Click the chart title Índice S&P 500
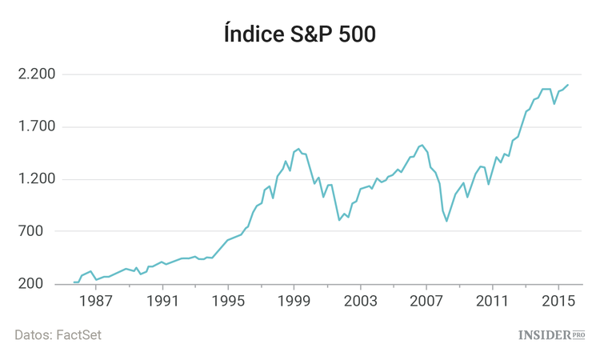299,34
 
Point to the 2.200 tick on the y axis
35,74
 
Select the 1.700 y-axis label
35,126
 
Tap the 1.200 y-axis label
35,179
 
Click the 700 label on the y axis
40,232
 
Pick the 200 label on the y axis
40,284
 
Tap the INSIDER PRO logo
552,334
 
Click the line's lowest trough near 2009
447,221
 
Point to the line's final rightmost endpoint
568,85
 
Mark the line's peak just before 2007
422,145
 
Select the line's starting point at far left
74,282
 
